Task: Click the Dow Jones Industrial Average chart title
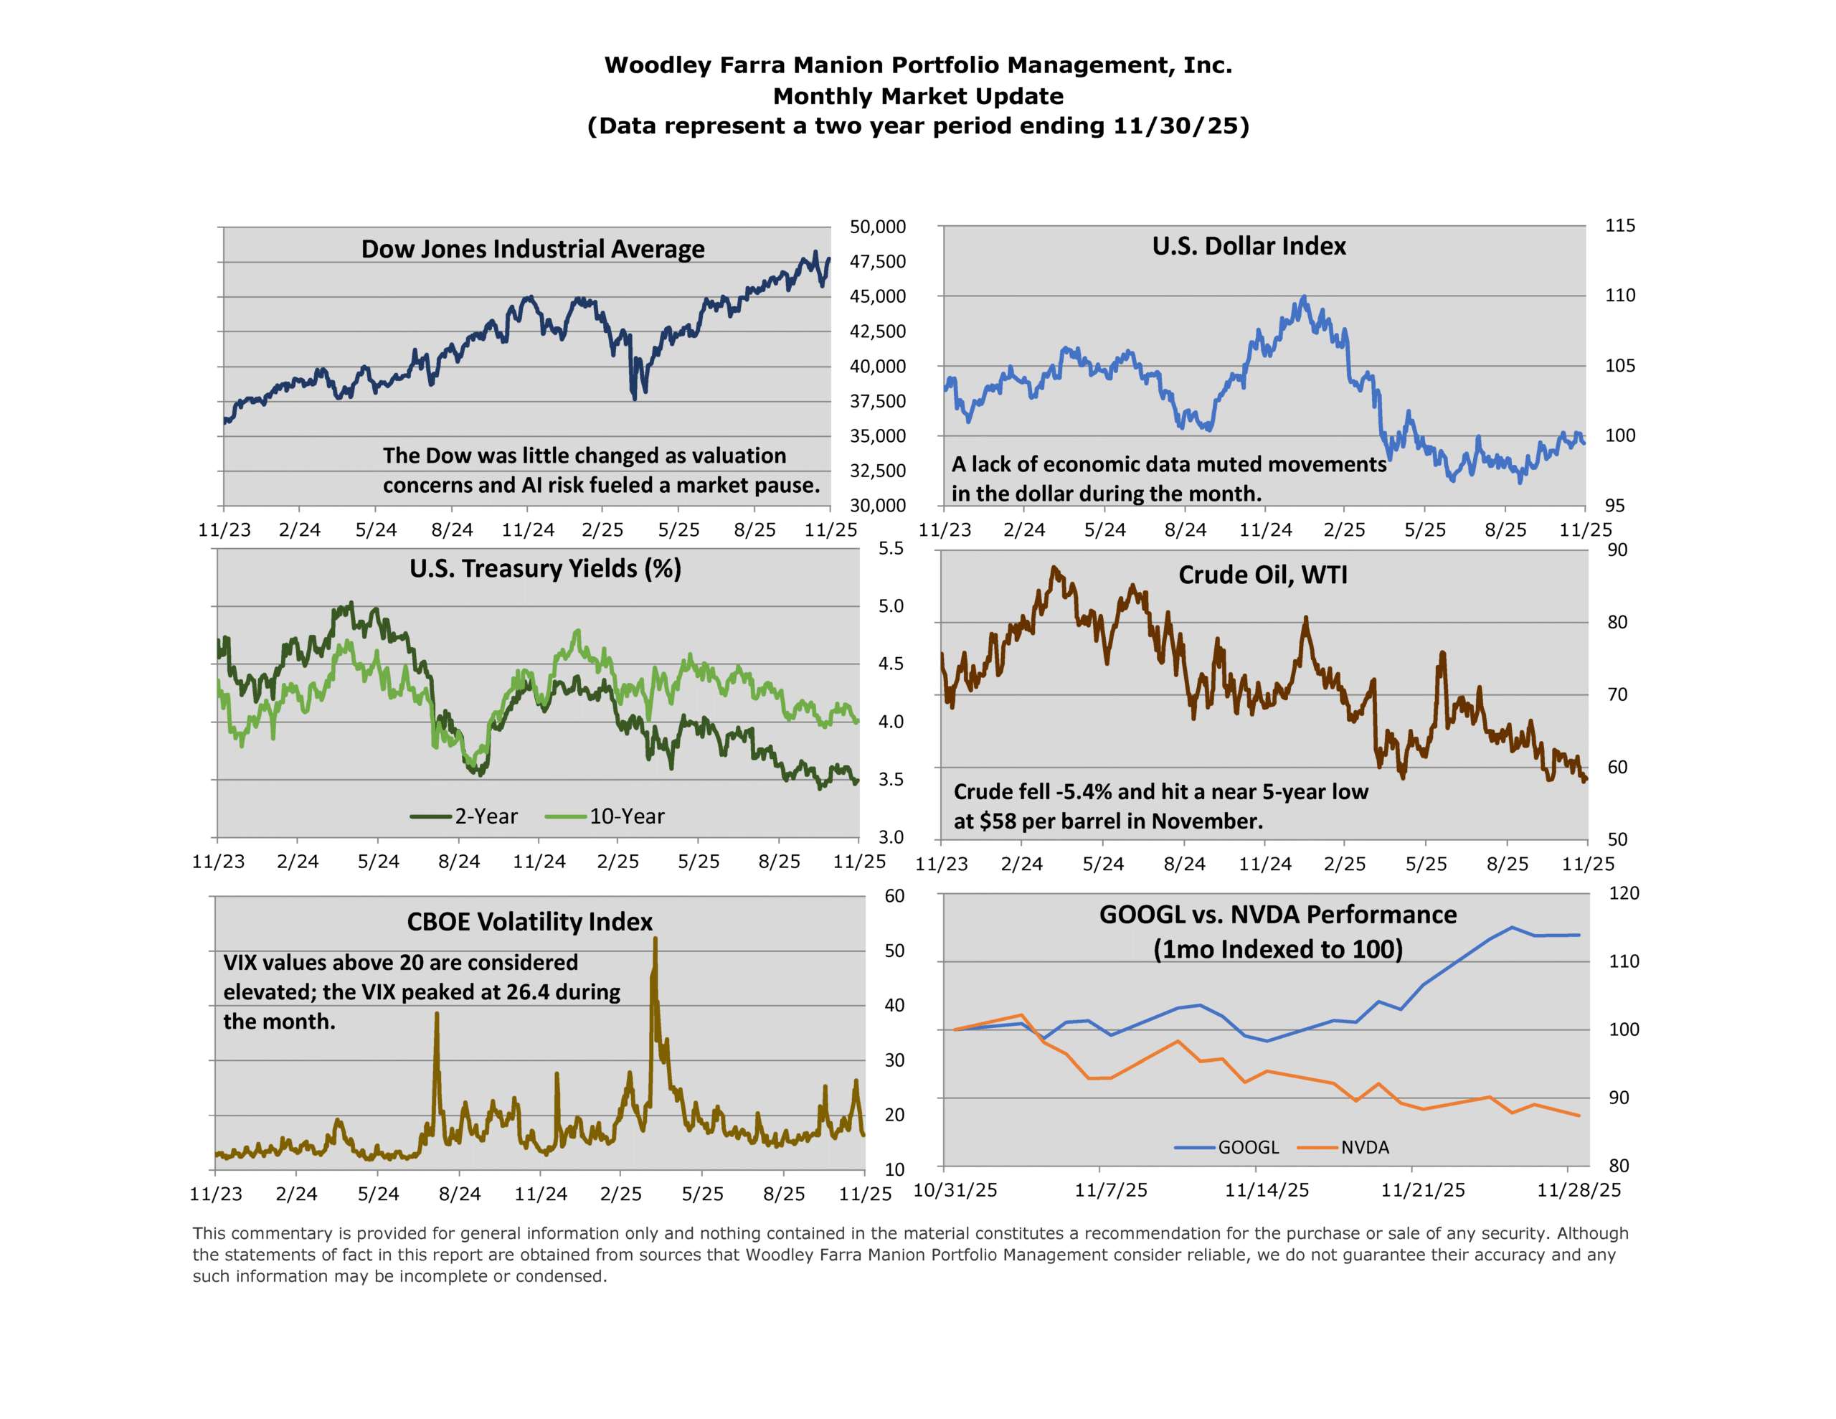click(532, 249)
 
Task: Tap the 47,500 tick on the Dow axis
click(877, 262)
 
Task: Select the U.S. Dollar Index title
click(1249, 245)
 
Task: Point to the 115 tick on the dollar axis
click(1619, 225)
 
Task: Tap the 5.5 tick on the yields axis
click(890, 548)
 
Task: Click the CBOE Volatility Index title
click(529, 922)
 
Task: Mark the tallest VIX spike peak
click(655, 940)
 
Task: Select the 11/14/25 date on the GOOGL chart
click(1266, 1190)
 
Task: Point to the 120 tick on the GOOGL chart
click(1623, 893)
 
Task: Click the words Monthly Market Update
click(918, 96)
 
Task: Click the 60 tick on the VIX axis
click(894, 896)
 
